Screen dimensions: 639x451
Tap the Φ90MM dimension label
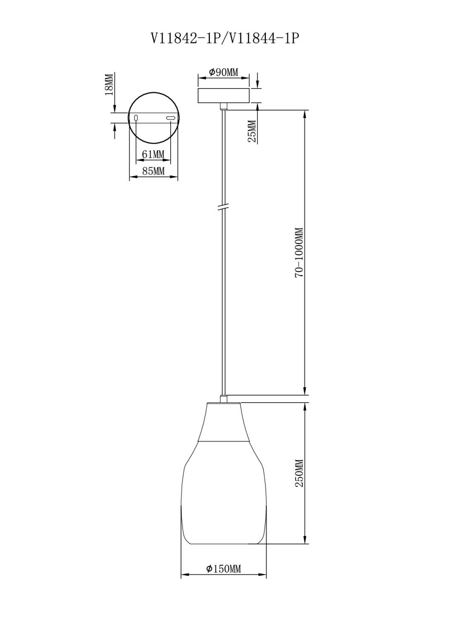[224, 72]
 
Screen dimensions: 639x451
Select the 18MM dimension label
[109, 84]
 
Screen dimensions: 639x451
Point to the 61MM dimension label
[153, 154]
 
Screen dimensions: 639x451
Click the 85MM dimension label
[153, 171]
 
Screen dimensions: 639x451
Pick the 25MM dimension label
[252, 131]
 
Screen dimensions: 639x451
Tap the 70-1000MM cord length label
[299, 252]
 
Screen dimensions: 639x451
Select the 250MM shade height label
[299, 473]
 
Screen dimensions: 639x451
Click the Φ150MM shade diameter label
[224, 569]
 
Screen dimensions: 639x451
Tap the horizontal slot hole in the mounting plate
[171, 118]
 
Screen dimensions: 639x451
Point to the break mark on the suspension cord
[223, 207]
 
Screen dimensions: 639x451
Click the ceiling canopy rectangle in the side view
[224, 95]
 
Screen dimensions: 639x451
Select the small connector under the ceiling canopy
[223, 106]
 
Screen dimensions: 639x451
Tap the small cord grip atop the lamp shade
[223, 399]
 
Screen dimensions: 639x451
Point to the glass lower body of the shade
[224, 494]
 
